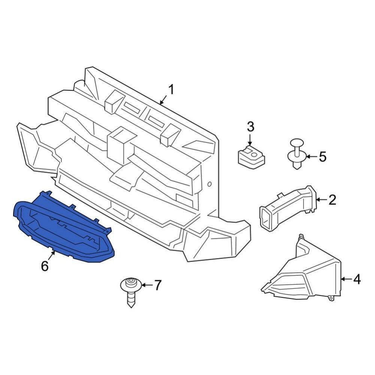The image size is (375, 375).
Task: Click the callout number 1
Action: point(171,90)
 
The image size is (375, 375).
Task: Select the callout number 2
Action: point(332,200)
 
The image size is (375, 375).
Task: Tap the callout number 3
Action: point(250,127)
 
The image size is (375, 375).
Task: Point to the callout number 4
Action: point(357,279)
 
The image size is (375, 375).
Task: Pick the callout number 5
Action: point(323,157)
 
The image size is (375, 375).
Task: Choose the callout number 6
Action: point(45,266)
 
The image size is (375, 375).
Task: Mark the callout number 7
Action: point(157,285)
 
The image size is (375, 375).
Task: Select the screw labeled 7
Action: point(131,292)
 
